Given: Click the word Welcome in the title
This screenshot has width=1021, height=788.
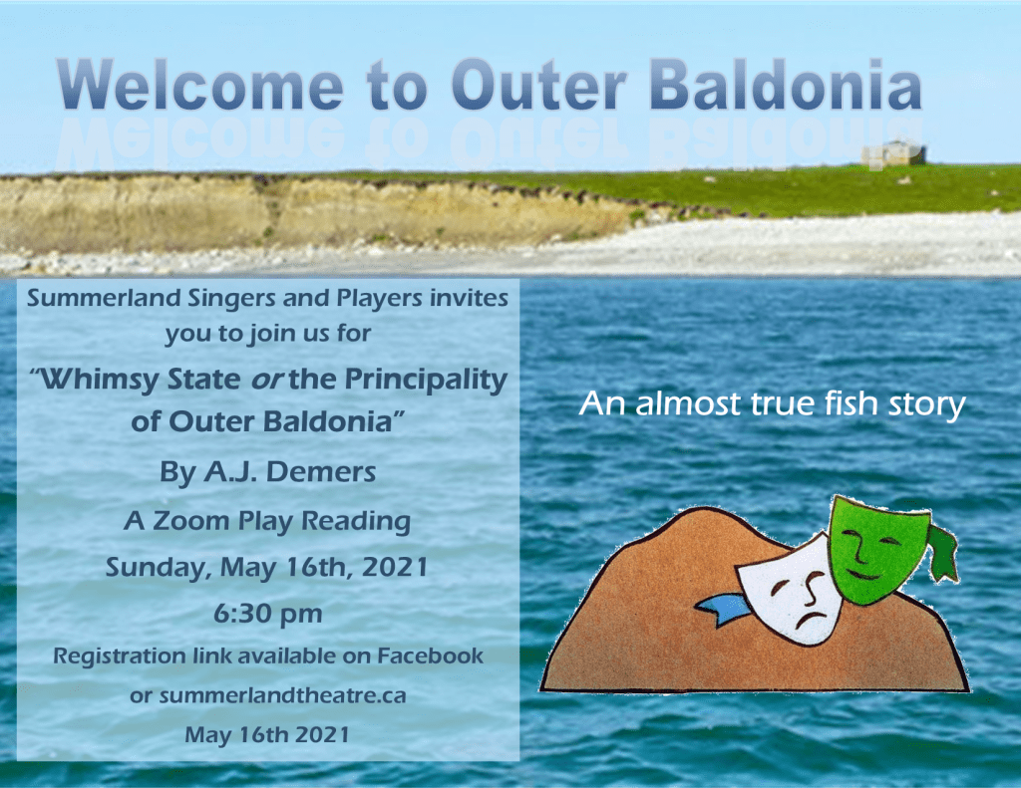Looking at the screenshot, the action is click(200, 86).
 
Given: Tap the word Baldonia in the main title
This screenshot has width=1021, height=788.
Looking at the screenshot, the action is click(786, 86).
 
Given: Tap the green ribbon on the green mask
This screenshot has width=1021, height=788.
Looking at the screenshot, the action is click(944, 552).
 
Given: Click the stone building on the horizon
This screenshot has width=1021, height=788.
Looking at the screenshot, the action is click(893, 153).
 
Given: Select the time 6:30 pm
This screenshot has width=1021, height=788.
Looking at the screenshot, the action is click(267, 614).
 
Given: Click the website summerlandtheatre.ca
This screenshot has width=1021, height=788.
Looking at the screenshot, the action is click(282, 695).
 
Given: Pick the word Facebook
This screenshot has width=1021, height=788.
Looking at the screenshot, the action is click(431, 656).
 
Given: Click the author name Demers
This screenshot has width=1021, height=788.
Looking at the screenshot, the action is click(321, 472).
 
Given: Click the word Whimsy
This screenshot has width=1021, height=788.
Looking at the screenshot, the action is click(100, 380).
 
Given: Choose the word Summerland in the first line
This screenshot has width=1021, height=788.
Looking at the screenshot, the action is click(104, 298).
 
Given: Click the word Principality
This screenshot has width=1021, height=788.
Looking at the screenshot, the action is click(426, 380).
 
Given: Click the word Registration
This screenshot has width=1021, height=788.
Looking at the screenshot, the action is click(120, 657).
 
